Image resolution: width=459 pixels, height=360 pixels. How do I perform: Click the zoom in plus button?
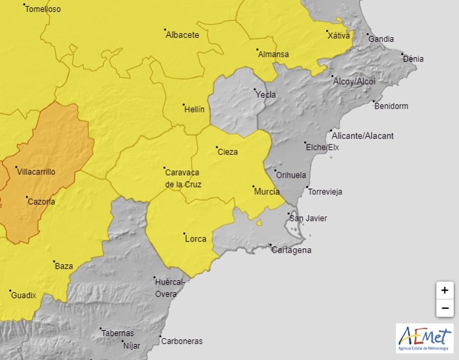444,290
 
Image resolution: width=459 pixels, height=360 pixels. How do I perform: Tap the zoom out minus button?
444,308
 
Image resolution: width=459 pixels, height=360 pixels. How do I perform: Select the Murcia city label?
266,192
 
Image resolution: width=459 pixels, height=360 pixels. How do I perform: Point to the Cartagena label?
291,250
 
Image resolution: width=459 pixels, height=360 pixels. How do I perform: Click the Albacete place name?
182,35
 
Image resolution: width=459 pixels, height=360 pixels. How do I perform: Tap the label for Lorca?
196,239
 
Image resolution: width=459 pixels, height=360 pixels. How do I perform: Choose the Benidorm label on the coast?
391,106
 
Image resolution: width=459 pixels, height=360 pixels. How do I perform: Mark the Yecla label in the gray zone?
265,94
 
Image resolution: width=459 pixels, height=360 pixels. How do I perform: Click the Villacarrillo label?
36,172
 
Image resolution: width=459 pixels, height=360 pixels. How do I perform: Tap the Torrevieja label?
325,192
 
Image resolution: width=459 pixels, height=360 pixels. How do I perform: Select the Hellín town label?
194,109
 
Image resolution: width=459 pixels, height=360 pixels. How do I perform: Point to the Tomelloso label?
43,9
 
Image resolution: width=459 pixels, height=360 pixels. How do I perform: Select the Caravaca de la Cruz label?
183,178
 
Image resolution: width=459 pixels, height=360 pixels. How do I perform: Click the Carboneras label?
182,341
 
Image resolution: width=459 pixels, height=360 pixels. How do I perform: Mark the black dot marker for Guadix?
11,291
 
